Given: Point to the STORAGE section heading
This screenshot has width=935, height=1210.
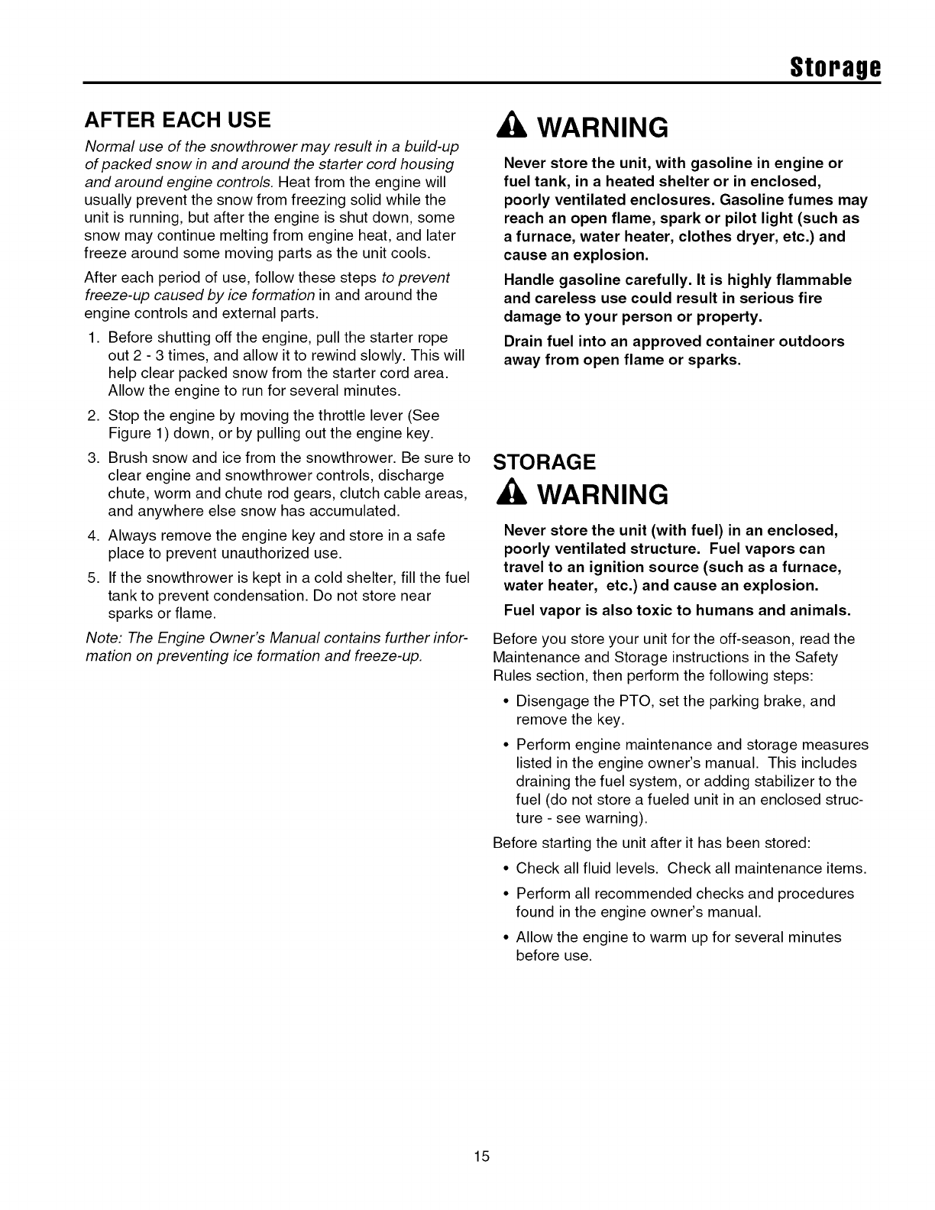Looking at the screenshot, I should (544, 462).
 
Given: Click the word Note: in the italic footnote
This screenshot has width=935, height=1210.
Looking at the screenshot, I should (104, 639).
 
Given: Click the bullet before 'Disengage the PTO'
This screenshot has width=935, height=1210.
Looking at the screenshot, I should (506, 701).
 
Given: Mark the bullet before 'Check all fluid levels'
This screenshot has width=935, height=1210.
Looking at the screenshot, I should (506, 869).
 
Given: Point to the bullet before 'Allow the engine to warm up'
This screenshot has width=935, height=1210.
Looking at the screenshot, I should (506, 937).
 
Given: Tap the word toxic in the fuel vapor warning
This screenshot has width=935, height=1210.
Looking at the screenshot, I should (700, 610).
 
